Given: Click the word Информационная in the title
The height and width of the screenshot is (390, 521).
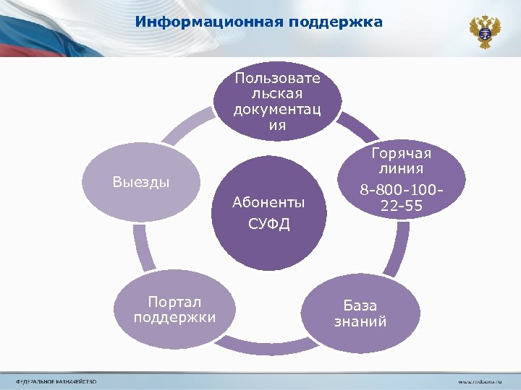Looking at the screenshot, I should (x=210, y=22).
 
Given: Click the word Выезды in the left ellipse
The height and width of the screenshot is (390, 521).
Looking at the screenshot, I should (x=141, y=181).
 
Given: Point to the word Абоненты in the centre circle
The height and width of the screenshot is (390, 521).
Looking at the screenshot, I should (x=268, y=202).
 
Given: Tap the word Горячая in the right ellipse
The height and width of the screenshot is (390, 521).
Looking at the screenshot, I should (x=402, y=154).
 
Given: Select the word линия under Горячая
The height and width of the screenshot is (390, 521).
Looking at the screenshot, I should (x=402, y=170).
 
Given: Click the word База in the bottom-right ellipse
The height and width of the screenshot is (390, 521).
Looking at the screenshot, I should (x=360, y=305).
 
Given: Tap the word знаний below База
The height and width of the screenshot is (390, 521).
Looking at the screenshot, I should (x=360, y=321).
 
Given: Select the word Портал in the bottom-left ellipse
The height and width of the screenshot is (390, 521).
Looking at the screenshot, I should (x=174, y=301).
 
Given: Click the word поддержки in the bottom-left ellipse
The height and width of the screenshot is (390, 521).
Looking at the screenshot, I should (x=174, y=317).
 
